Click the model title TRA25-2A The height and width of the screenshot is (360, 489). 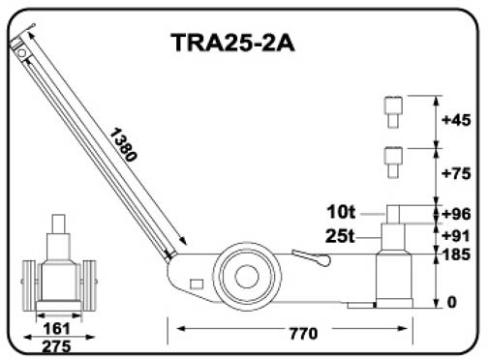(232, 43)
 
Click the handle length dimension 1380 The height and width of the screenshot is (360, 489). (124, 144)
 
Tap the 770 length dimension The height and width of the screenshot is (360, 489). (303, 334)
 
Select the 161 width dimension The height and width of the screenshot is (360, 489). (57, 328)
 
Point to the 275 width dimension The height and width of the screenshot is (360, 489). (57, 346)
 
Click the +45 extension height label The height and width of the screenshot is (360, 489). (456, 120)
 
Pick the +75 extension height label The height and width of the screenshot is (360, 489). (456, 173)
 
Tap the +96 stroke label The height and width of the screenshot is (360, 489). (456, 214)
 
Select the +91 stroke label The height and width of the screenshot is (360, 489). (456, 236)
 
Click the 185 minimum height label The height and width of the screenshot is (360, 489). (456, 255)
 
